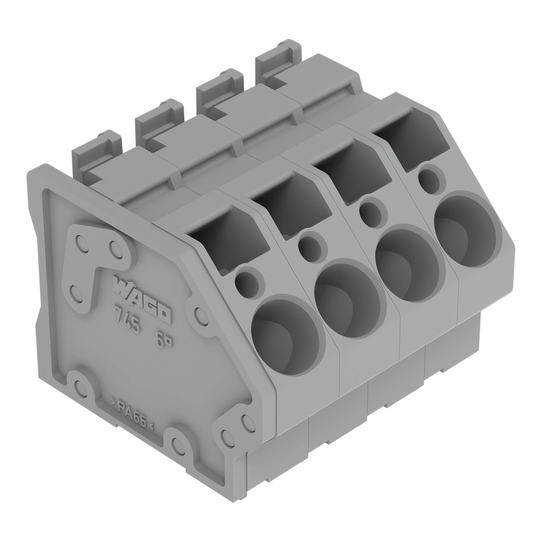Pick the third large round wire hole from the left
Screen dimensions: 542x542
407,264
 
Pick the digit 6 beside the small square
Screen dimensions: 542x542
160,341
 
